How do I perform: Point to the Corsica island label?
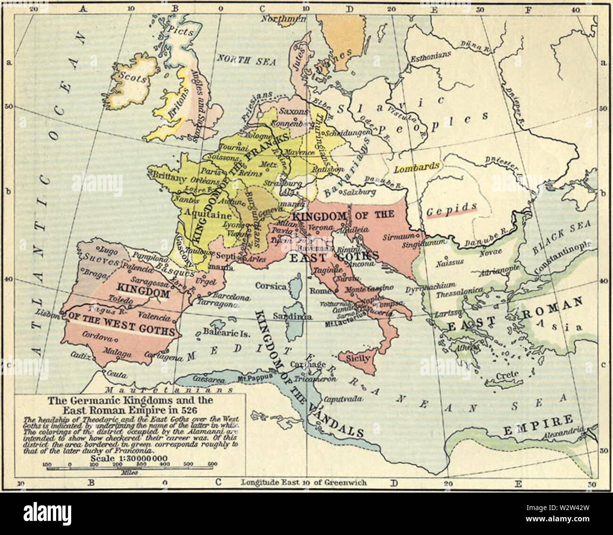[x=271, y=286]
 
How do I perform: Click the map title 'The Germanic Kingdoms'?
[x=130, y=401]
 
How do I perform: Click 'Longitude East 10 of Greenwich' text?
[x=304, y=483]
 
